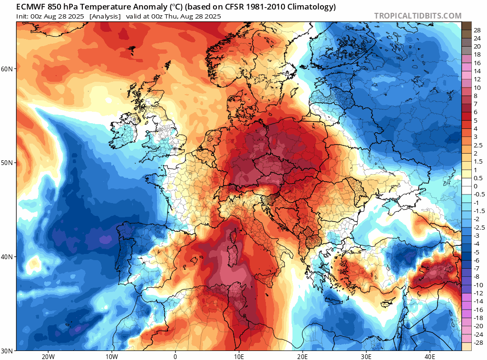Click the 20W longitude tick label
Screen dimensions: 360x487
pyautogui.click(x=48, y=356)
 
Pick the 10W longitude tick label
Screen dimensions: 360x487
pyautogui.click(x=111, y=356)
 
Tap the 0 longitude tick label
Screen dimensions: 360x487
pyautogui.click(x=175, y=356)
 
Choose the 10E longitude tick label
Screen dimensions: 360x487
pyautogui.click(x=239, y=356)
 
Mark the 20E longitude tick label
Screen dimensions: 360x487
pyautogui.click(x=302, y=356)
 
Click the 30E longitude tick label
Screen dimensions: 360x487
pyautogui.click(x=366, y=356)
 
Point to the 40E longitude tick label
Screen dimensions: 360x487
pyautogui.click(x=429, y=356)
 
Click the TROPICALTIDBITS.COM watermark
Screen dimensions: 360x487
pyautogui.click(x=418, y=16)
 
